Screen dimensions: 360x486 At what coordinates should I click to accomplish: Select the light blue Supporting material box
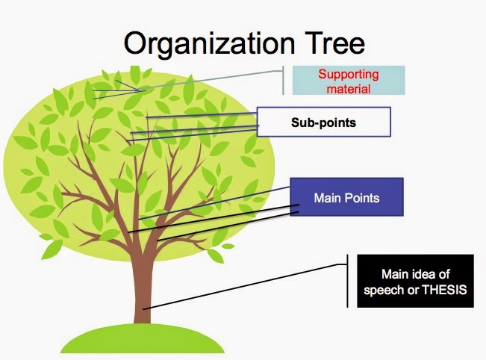[x=348, y=81]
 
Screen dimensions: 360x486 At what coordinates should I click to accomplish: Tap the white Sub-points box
[x=323, y=122]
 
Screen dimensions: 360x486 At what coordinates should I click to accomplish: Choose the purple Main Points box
[x=346, y=198]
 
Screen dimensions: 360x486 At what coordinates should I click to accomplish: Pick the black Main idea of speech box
[x=415, y=282]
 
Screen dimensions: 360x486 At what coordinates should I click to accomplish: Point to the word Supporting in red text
[x=348, y=74]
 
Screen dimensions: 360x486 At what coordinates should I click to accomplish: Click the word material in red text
[x=349, y=88]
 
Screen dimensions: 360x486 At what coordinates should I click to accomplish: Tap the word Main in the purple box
[x=327, y=198]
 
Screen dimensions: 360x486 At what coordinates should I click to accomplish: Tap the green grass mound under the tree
[x=142, y=341]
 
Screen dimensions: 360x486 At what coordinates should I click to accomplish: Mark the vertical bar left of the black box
[x=348, y=281]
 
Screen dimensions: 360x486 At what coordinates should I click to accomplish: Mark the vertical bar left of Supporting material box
[x=283, y=81]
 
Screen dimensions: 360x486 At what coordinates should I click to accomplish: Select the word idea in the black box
[x=423, y=275]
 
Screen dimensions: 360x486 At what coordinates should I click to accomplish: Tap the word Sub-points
[x=323, y=122]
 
